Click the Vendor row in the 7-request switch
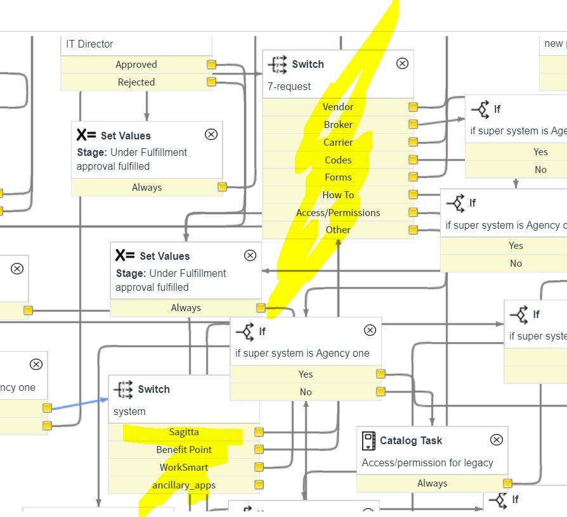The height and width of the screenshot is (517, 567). tap(338, 107)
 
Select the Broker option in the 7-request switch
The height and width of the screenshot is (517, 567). tap(338, 125)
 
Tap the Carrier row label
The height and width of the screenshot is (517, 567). tap(338, 143)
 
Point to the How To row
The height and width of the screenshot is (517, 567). tap(338, 195)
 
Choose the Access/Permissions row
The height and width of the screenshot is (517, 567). tap(338, 213)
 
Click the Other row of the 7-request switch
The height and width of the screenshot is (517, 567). tap(338, 230)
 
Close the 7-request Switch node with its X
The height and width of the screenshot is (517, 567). tap(402, 63)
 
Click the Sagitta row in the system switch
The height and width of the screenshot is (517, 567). tap(184, 432)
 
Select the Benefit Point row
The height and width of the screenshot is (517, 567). tap(184, 450)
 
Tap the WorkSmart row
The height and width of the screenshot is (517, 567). tap(184, 468)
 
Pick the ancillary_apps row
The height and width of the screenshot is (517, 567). tap(184, 485)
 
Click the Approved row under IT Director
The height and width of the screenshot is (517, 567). tap(136, 65)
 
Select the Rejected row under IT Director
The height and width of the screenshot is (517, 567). tap(136, 82)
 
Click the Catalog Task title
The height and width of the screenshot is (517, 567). tap(410, 440)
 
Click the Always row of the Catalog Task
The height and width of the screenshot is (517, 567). tap(432, 483)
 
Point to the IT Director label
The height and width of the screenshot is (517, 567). tap(89, 44)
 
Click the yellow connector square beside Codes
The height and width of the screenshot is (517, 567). tap(413, 160)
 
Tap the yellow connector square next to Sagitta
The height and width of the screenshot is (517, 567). tap(259, 432)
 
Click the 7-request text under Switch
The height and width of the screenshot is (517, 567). tap(289, 86)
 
